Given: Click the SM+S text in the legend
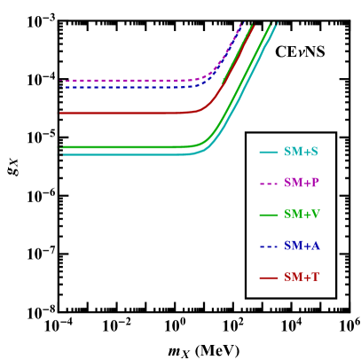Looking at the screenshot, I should [301, 152].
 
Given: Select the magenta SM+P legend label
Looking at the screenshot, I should [301, 183].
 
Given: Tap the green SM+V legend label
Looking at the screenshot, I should [302, 215].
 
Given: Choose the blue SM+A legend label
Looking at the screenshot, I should [302, 246].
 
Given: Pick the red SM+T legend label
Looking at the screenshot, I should [301, 278].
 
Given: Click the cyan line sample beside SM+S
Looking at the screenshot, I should [269, 153].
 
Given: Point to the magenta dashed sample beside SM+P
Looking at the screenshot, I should [269, 184].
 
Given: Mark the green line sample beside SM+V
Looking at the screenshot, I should [269, 215].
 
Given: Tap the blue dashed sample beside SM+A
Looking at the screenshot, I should [269, 247].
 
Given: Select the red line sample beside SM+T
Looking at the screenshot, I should [269, 278].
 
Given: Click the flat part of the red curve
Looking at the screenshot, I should [124, 113].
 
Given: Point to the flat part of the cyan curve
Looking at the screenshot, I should [124, 154].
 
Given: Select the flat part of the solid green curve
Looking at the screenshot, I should [124, 146].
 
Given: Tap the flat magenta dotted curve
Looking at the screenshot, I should [124, 81].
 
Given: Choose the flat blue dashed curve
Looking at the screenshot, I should [124, 87].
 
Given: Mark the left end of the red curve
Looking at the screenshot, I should [60, 113].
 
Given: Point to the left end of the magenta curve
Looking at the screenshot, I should [60, 81].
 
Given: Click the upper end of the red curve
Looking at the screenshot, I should [254, 26].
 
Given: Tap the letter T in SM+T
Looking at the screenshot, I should [314, 278].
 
